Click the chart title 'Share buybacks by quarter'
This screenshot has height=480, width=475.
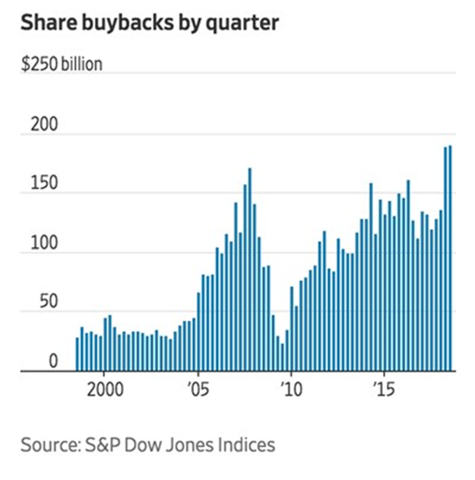(x=150, y=24)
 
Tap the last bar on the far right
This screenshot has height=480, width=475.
(x=450, y=258)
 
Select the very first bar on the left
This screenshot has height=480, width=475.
(x=77, y=354)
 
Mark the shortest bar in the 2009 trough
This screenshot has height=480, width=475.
(x=282, y=357)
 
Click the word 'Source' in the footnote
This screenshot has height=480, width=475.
(x=49, y=444)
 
